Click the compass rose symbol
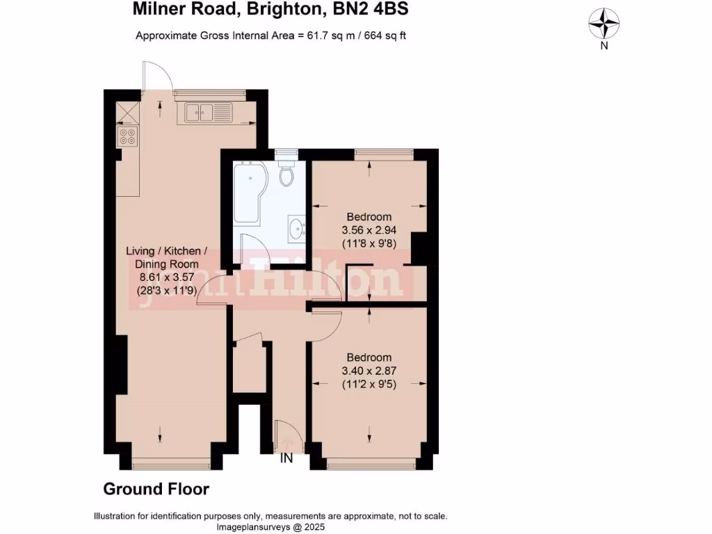pos(604,24)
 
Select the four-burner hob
pos(127,136)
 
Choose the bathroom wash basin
pos(296,227)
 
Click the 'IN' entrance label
pos(286,458)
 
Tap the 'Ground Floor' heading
pos(156,489)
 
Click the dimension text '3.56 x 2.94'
pos(366,229)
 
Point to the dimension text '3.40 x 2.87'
pos(368,371)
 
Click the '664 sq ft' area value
pos(381,35)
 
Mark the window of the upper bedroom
pos(384,153)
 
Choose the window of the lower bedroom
pos(371,462)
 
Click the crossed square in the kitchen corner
pos(127,112)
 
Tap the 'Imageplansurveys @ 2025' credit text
pos(270,526)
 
